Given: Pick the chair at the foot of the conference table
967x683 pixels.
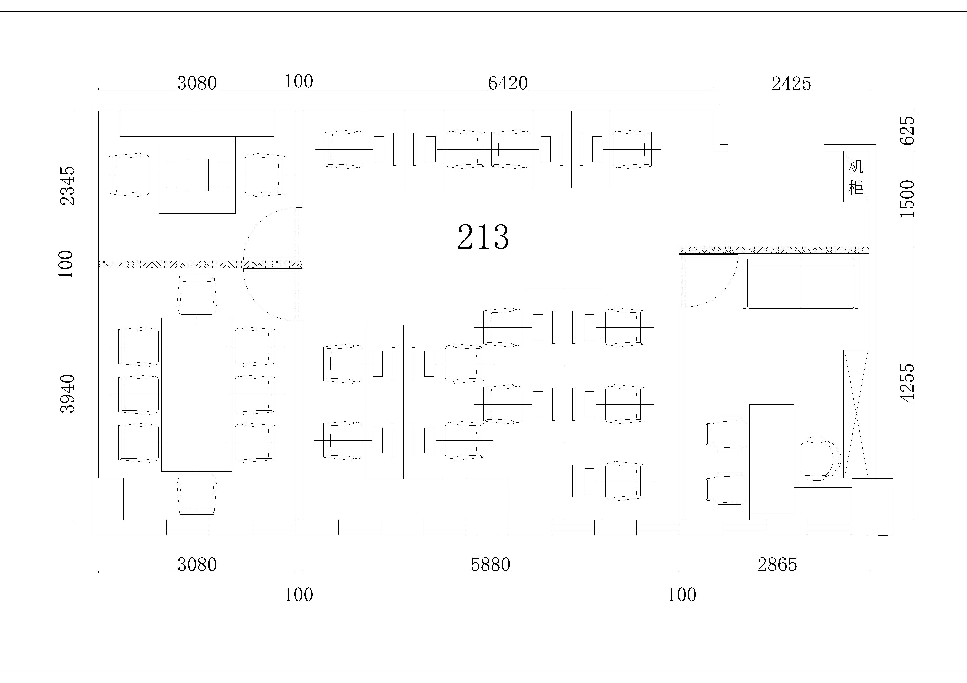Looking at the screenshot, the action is click(x=197, y=494).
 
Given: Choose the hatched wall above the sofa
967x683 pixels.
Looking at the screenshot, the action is click(x=774, y=250).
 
